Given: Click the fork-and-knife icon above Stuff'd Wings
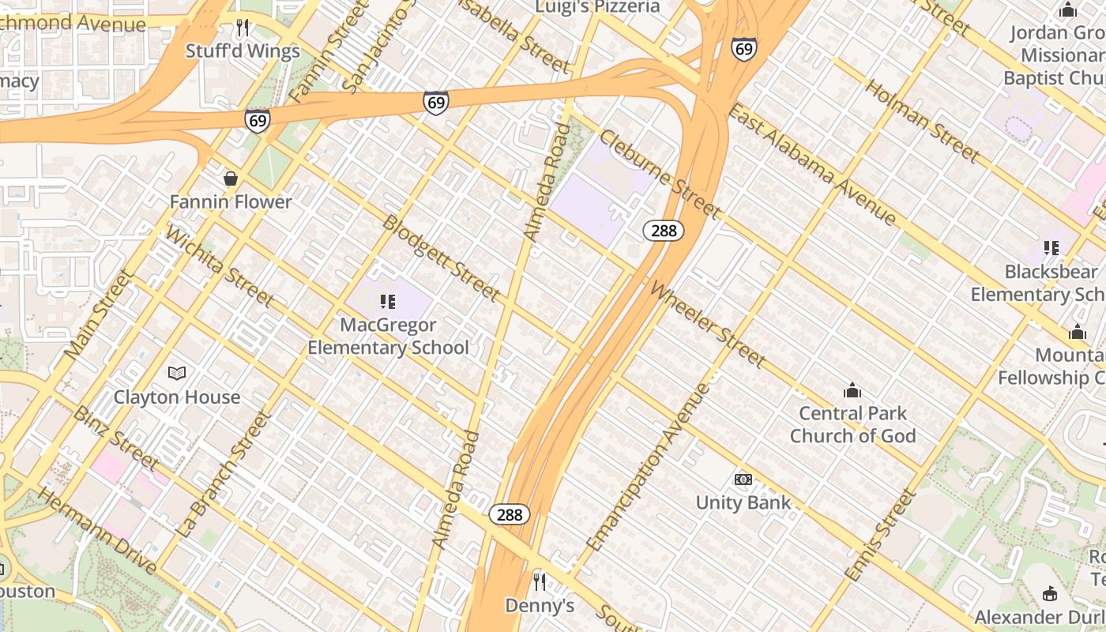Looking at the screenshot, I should coord(243,28).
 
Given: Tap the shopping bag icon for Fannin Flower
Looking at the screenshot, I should coord(231,179).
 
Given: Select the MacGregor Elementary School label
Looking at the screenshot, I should coord(388,336).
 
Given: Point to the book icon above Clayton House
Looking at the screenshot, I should coord(177,373).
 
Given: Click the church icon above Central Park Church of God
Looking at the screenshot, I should coord(852,390).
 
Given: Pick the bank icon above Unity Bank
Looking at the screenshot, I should coord(743,480).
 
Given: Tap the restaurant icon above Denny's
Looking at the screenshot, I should coord(540,582).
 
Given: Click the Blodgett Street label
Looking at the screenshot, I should coord(441,258).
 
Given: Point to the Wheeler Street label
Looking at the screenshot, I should coord(707,324).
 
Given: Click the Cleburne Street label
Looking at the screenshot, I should coord(659,175).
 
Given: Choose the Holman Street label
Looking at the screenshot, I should coord(922,120).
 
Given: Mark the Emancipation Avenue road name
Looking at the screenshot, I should coord(649,467).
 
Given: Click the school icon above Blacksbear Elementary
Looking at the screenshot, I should coord(1051,248).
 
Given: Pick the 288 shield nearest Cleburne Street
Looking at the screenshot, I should coord(663,231).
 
